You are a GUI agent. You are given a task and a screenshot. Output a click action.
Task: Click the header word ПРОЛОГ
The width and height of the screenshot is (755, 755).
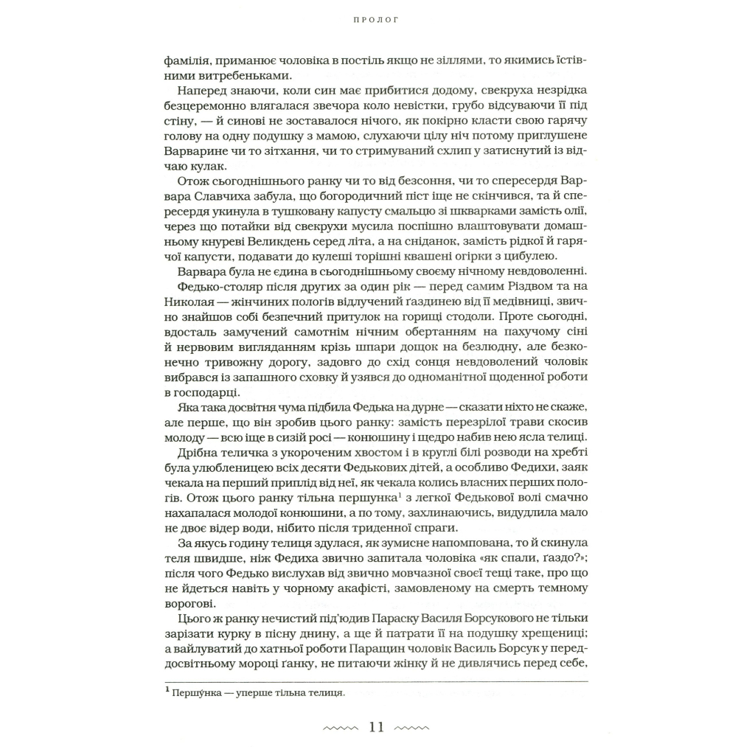377,21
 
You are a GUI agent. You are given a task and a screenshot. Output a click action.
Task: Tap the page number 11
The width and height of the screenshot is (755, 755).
377,728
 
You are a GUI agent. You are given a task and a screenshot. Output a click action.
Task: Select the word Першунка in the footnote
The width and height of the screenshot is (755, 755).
195,694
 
